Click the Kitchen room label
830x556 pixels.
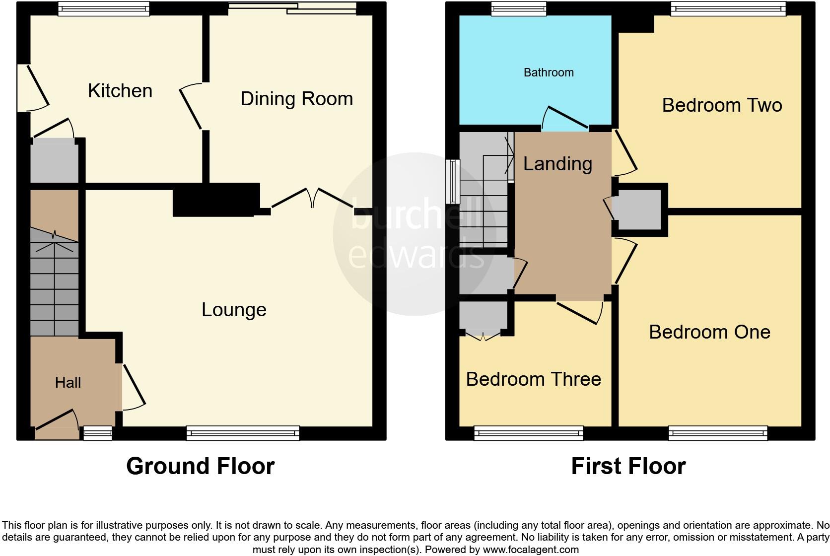click(120, 91)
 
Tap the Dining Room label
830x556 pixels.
click(296, 99)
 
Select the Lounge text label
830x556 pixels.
click(234, 310)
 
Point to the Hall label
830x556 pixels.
click(68, 382)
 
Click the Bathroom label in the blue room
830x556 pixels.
click(549, 72)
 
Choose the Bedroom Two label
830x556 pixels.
click(722, 105)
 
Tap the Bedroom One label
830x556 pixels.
click(709, 332)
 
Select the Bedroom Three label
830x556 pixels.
click(533, 379)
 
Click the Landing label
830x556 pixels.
click(557, 164)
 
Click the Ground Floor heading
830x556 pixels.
click(200, 466)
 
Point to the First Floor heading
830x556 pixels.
click(628, 466)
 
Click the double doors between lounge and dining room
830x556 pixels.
click(312, 199)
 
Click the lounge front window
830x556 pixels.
click(243, 433)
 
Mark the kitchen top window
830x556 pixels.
click(103, 8)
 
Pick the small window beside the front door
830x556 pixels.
click(97, 433)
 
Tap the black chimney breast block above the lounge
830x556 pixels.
click(216, 200)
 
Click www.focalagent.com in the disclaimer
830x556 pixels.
click(530, 550)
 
